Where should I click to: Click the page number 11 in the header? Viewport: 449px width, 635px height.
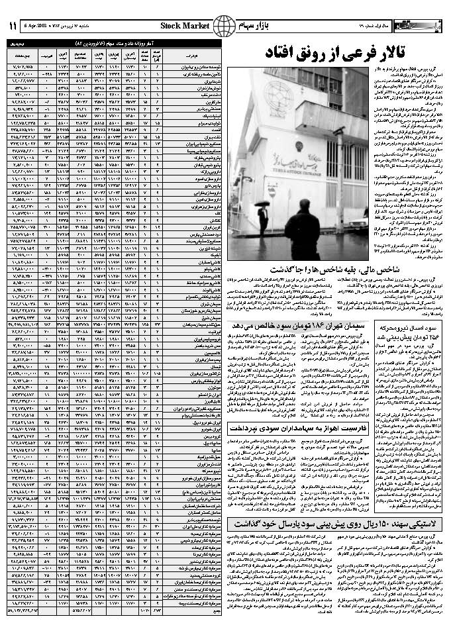click(13, 26)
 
